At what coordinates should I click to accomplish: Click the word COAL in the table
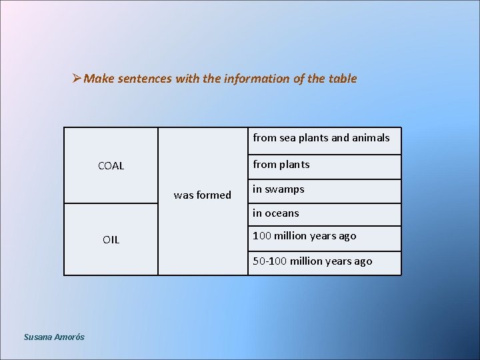pos(111,166)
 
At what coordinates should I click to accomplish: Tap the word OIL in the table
pos(111,240)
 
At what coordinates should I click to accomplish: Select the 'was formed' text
pos(202,195)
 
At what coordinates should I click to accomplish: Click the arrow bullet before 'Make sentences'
pos(77,79)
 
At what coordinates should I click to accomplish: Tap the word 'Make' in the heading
pos(100,79)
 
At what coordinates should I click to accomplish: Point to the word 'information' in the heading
pos(253,79)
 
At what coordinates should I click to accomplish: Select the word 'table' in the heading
pos(343,79)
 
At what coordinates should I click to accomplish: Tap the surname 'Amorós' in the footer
pos(69,337)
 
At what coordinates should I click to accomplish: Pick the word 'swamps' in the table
pos(285,189)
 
